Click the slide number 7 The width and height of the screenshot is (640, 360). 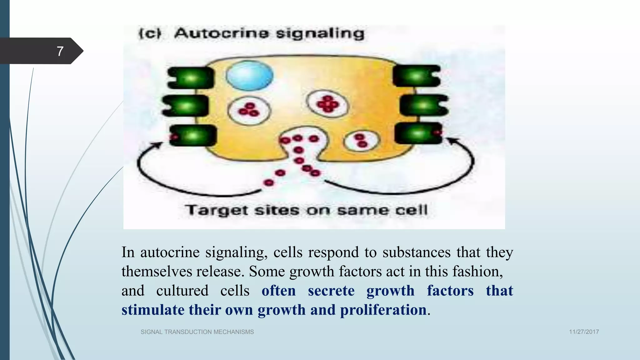(60, 51)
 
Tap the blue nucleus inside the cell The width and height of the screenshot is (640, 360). (249, 76)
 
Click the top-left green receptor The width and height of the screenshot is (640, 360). (191, 77)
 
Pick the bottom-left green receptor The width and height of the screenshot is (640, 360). (193, 135)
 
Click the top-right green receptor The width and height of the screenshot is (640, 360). (417, 76)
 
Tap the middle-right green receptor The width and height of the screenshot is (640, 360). (424, 105)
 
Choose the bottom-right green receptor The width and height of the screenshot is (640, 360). (419, 133)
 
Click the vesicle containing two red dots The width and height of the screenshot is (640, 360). (362, 141)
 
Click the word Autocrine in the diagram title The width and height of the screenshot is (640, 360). (221, 33)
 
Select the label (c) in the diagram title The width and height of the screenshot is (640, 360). (150, 33)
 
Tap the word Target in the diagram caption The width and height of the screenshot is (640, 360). (217, 210)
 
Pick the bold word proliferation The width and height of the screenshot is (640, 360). (383, 310)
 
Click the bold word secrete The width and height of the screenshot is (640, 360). (331, 291)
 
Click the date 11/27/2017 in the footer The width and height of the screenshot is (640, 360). (584, 332)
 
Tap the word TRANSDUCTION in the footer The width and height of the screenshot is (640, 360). (188, 332)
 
